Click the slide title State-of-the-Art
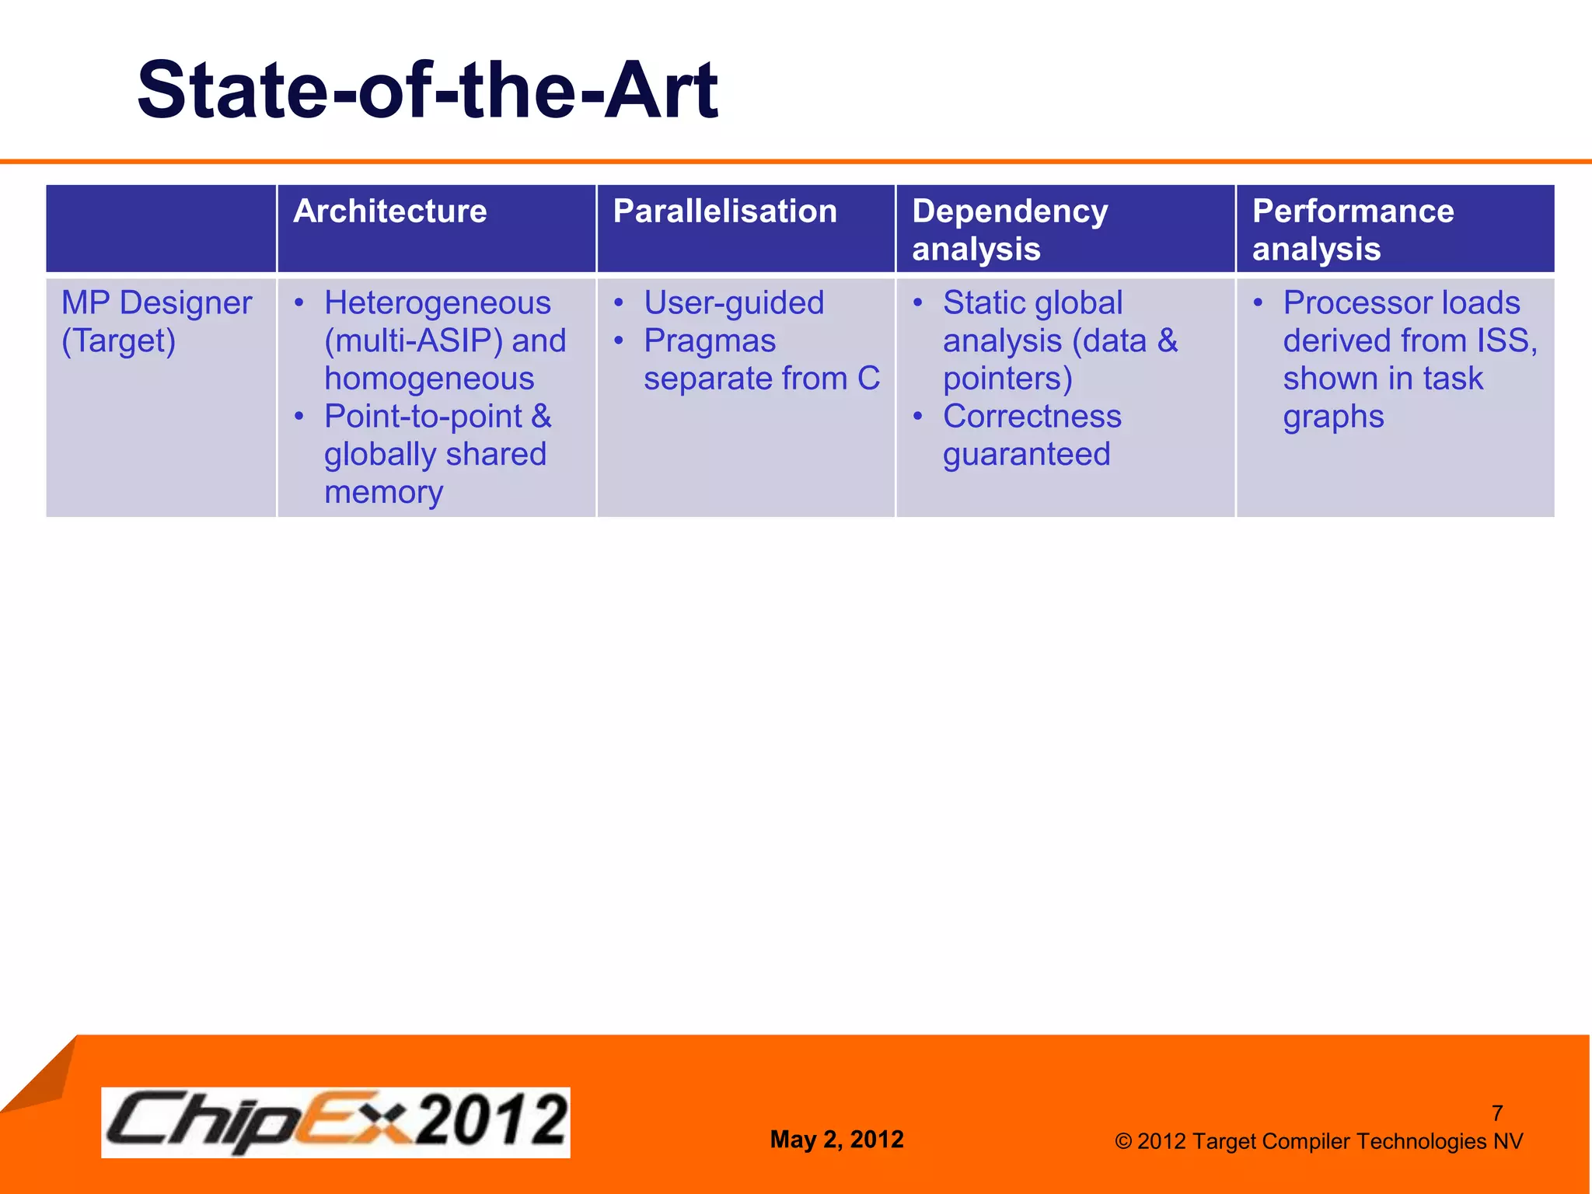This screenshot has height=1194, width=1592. pyautogui.click(x=427, y=91)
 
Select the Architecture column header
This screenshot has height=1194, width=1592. pyautogui.click(x=389, y=211)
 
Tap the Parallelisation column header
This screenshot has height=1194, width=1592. pyautogui.click(x=724, y=211)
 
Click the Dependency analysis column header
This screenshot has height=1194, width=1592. pyautogui.click(x=1009, y=229)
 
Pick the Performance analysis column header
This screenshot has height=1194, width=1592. pyautogui.click(x=1352, y=229)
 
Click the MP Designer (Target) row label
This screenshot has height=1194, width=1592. pyautogui.click(x=156, y=321)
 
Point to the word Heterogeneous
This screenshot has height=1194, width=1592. pyautogui.click(x=437, y=303)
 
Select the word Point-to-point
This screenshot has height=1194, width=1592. pyautogui.click(x=423, y=417)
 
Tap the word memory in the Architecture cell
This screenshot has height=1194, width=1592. pyautogui.click(x=383, y=492)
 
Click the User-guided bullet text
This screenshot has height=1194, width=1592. pyautogui.click(x=733, y=303)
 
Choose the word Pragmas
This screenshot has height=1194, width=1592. pyautogui.click(x=709, y=341)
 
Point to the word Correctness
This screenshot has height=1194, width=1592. pyautogui.click(x=1032, y=417)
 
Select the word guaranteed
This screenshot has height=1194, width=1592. pyautogui.click(x=1026, y=455)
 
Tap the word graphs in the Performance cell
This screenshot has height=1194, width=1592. pyautogui.click(x=1333, y=417)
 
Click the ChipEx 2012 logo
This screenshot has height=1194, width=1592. pyautogui.click(x=336, y=1122)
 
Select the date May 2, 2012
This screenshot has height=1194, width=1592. pyautogui.click(x=836, y=1140)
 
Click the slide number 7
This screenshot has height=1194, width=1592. pyautogui.click(x=1497, y=1113)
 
